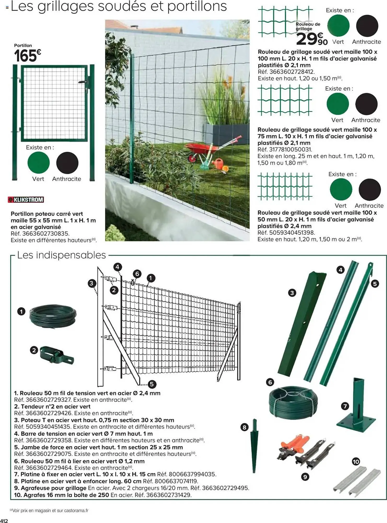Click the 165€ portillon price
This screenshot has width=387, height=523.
[27, 56]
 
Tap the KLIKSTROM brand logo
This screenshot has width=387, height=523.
[26, 200]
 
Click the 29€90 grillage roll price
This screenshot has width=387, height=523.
[312, 39]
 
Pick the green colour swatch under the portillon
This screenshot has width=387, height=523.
[38, 163]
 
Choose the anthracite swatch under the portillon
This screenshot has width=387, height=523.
[67, 163]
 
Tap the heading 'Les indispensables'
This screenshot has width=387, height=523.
[61, 255]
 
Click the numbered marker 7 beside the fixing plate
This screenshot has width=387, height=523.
[345, 406]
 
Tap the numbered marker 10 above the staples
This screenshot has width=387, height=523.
[356, 462]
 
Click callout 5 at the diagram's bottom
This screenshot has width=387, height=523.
[152, 384]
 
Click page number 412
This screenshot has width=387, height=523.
[4, 520]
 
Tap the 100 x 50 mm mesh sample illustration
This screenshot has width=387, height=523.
[285, 186]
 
